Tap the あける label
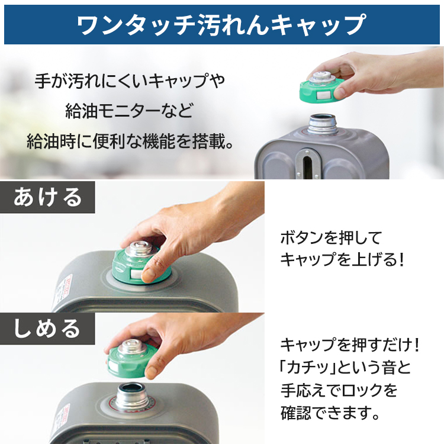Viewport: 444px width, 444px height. [x=48, y=197]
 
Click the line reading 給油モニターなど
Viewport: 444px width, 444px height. [x=130, y=110]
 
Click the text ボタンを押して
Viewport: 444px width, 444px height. [x=331, y=238]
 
